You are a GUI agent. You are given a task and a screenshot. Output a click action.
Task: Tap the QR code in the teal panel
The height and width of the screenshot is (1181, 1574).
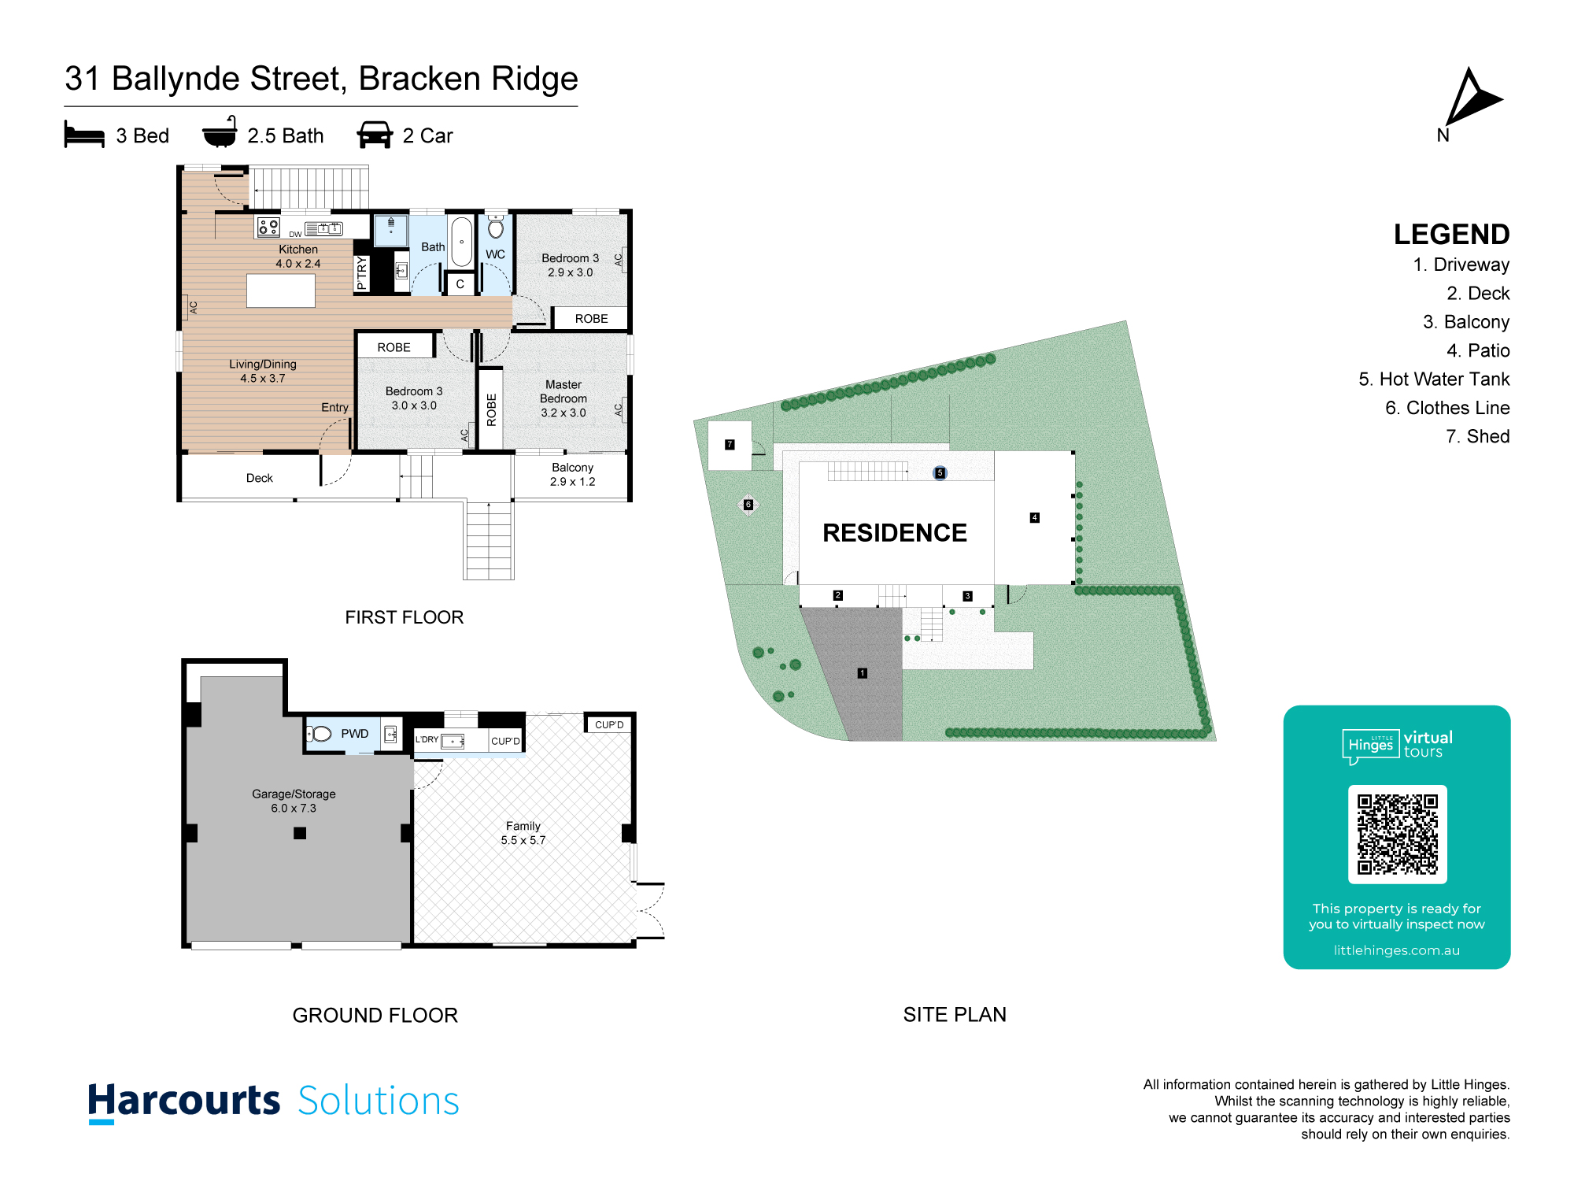click(1397, 834)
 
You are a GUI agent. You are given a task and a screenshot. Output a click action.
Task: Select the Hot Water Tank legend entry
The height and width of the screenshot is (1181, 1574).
click(1434, 379)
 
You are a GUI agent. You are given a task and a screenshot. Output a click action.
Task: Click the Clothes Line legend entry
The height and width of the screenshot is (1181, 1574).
click(1447, 408)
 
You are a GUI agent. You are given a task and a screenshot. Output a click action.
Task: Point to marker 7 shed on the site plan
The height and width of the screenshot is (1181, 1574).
click(730, 445)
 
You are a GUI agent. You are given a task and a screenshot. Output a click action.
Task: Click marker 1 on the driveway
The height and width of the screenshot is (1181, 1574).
click(863, 673)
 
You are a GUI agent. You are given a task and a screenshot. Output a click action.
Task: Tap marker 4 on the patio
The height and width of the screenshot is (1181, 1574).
click(1035, 517)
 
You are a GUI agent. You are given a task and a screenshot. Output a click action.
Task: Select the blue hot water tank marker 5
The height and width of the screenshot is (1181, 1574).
click(940, 473)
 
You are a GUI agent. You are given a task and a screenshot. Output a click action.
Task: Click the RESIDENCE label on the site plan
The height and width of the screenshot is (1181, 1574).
click(895, 533)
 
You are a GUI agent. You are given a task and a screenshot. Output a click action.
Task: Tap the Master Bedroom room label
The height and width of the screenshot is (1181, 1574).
click(563, 398)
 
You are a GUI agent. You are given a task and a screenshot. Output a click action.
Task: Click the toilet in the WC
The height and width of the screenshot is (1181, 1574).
click(496, 228)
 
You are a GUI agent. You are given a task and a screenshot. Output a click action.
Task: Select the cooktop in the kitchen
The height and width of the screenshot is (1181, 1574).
click(268, 228)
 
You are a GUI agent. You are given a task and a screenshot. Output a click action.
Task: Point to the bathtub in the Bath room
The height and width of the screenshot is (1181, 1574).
click(461, 241)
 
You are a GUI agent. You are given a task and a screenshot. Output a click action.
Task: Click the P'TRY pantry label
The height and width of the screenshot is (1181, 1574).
click(362, 272)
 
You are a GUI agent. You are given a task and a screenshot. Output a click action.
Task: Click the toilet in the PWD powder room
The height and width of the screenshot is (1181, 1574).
click(320, 734)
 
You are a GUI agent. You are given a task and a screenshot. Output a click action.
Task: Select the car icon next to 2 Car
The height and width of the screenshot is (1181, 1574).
click(375, 135)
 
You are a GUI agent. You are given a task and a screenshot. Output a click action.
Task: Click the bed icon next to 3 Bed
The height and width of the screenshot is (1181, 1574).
click(84, 135)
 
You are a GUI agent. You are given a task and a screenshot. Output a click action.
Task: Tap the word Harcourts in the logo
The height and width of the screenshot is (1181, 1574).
click(184, 1101)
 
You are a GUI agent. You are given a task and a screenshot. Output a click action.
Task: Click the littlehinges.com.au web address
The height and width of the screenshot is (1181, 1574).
click(1397, 950)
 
